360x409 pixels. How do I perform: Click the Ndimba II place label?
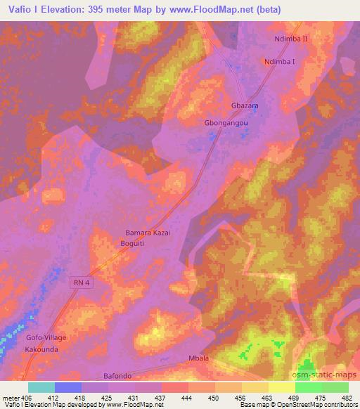[x=290, y=39]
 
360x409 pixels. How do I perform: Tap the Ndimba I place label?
[x=280, y=61]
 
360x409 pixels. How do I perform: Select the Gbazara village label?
[x=240, y=105]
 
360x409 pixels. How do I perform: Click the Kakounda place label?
[x=46, y=349]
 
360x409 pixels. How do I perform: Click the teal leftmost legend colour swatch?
[x=41, y=387]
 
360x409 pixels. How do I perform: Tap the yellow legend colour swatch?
[x=281, y=387]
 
